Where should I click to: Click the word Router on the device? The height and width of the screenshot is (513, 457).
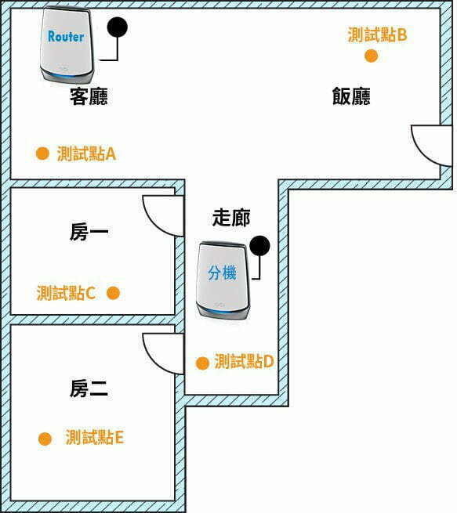(66, 36)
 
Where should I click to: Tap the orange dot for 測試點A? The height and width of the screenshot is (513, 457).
(42, 153)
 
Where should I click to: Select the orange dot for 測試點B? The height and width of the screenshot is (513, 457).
(372, 56)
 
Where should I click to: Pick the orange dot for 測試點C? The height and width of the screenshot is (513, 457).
(113, 293)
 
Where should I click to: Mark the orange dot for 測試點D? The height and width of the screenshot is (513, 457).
(202, 363)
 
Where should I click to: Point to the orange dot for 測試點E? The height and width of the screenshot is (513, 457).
(45, 439)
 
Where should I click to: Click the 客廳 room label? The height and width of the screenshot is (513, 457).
(89, 96)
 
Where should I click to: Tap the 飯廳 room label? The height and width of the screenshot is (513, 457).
(351, 96)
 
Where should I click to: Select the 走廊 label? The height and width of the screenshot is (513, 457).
(231, 218)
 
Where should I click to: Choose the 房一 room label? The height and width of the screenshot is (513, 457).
(89, 232)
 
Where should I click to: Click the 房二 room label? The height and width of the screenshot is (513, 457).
(89, 388)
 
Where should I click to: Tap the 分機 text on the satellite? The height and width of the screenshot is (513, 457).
(222, 273)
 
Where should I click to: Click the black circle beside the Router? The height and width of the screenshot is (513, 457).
(118, 27)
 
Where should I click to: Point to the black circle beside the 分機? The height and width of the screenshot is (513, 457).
(259, 246)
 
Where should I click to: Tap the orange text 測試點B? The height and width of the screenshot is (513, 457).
(378, 34)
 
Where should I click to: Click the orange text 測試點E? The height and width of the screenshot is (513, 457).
(95, 437)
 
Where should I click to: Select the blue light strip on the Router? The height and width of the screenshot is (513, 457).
(67, 76)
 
